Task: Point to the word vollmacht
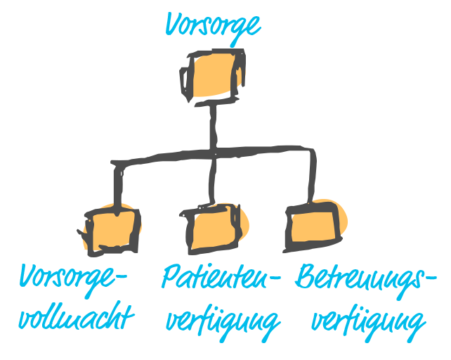75,316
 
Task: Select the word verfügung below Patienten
223,320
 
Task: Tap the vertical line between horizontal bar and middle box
213,179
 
